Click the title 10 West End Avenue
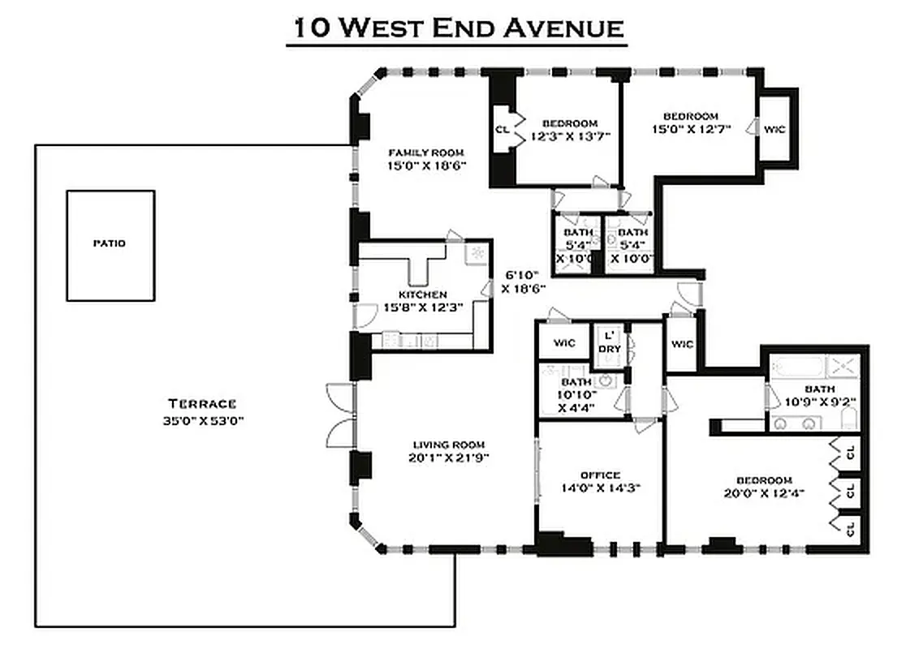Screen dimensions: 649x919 click(x=458, y=28)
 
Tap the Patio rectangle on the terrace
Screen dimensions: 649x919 click(x=110, y=244)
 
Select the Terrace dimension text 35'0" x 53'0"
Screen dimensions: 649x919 click(x=202, y=421)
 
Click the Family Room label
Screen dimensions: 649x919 click(x=425, y=153)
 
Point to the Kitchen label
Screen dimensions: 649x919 click(x=422, y=294)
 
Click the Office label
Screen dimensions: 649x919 click(x=600, y=475)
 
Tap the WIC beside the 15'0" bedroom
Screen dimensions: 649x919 click(x=774, y=129)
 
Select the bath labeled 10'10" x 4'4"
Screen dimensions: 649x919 click(x=576, y=393)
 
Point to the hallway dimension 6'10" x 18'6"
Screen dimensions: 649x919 click(x=523, y=282)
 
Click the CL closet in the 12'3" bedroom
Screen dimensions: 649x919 click(x=503, y=129)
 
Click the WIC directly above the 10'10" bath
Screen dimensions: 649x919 click(x=564, y=342)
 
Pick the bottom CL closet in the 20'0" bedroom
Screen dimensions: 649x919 click(x=851, y=529)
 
